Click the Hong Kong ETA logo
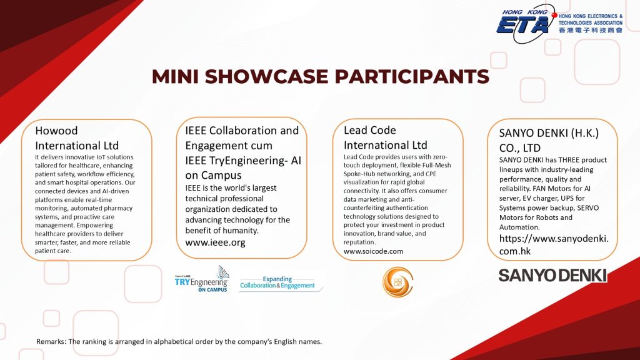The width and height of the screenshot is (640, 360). pos(560,23)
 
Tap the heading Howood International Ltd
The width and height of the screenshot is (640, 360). pos(77,138)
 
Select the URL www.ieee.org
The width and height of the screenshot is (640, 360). pos(215,242)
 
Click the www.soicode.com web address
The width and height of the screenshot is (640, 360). pos(373,251)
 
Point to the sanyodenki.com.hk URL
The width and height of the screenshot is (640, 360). pos(554,245)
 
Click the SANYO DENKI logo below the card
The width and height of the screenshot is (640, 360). pos(552,276)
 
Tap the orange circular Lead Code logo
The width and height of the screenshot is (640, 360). pos(397,282)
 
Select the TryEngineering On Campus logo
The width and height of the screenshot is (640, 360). pos(202,279)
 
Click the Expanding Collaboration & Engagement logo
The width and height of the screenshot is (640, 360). pos(277,282)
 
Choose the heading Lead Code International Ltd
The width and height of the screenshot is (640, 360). pos(385,137)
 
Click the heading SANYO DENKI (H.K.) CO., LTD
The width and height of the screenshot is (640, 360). pos(549,141)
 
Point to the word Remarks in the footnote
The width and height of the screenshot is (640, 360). pos(51,342)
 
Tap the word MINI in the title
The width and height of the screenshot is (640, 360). pos(175,76)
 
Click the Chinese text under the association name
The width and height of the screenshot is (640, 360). pos(590,30)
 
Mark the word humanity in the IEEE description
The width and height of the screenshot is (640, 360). pos(241,231)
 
